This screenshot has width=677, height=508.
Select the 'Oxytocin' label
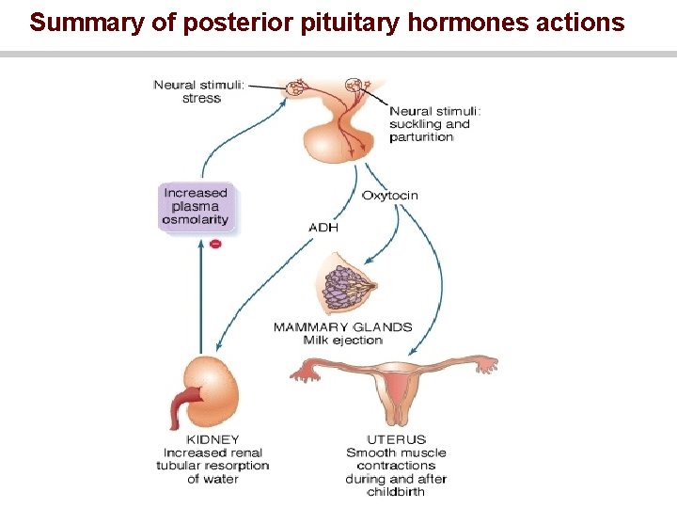click(389, 196)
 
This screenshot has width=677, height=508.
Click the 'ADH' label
click(323, 227)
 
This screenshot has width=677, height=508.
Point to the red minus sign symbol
click(215, 244)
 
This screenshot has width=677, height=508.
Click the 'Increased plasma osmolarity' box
click(196, 207)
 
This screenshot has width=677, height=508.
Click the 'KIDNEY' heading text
click(213, 439)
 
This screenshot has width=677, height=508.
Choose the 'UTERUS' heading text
click(396, 439)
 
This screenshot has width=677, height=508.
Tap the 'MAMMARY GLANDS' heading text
click(342, 327)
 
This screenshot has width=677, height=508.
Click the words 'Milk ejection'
click(342, 341)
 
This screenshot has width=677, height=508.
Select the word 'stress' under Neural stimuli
click(201, 99)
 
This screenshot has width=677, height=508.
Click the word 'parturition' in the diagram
click(421, 137)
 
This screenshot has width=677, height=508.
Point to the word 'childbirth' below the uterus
click(396, 492)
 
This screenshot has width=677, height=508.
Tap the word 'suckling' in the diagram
click(415, 124)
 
